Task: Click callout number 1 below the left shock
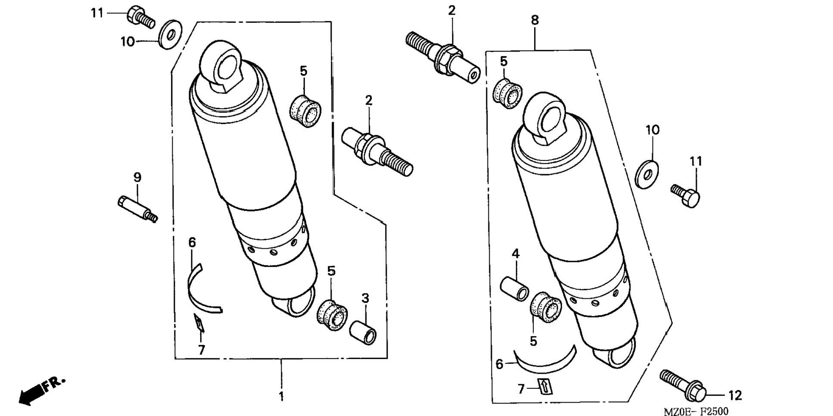(281, 396)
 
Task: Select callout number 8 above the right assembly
(535, 20)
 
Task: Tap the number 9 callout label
(137, 177)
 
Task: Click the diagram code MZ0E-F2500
(696, 412)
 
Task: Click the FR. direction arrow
(41, 391)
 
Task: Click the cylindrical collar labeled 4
(514, 288)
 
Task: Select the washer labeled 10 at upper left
(171, 34)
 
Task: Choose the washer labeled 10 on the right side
(647, 174)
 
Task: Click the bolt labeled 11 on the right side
(686, 195)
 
